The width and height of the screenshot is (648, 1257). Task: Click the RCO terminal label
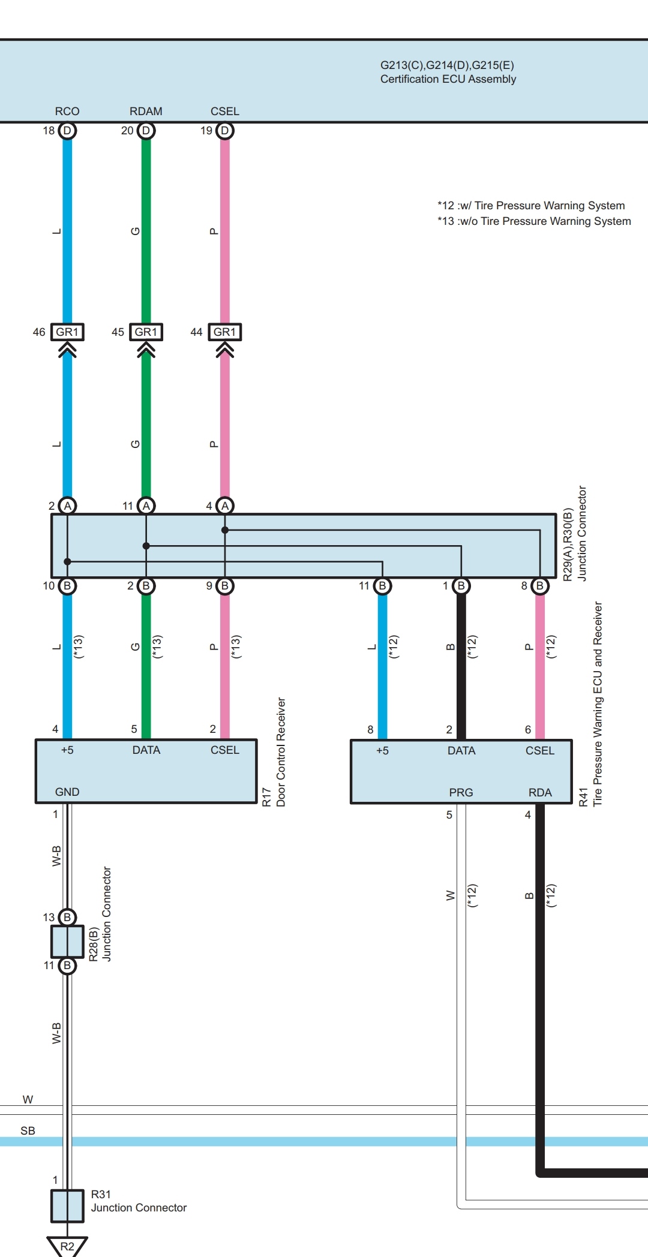(x=67, y=112)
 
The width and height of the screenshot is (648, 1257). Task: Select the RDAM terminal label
(x=146, y=112)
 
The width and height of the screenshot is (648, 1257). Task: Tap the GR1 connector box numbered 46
(x=67, y=332)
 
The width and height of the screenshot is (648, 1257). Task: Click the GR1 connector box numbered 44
(x=225, y=332)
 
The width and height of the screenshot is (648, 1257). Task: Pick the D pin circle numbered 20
(x=146, y=131)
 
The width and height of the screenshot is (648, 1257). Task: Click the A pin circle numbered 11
(x=146, y=506)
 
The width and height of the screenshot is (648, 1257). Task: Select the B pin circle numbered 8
(x=540, y=586)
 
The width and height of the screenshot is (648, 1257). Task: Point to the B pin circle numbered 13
(x=67, y=917)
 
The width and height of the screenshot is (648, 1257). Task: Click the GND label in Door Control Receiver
(x=67, y=792)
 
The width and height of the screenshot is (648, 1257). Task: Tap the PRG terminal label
(x=461, y=793)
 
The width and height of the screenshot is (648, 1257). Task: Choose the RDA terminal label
(x=540, y=793)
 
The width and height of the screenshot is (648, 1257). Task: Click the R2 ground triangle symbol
(x=67, y=1246)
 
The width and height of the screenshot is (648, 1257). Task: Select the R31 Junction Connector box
(x=67, y=1206)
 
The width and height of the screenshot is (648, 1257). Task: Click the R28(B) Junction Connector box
(x=67, y=942)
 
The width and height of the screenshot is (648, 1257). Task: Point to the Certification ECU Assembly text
(x=448, y=79)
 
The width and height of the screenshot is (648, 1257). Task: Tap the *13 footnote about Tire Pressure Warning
(x=534, y=221)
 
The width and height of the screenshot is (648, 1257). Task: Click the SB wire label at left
(x=28, y=1131)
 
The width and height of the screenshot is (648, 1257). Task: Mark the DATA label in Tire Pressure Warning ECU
(x=461, y=751)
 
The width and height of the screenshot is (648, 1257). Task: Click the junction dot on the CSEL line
(x=225, y=530)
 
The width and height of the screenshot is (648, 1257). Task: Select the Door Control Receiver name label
(x=281, y=752)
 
